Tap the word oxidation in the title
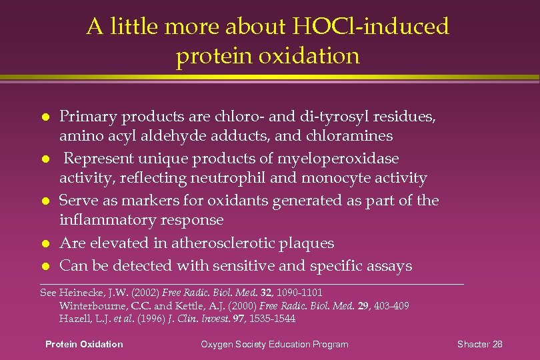[x=305, y=56]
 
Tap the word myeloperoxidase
[x=342, y=159]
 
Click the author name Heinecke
[x=80, y=293]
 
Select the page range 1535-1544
[x=271, y=319]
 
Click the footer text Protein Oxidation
[x=84, y=344]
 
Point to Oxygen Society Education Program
[x=275, y=344]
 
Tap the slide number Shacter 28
[x=479, y=344]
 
